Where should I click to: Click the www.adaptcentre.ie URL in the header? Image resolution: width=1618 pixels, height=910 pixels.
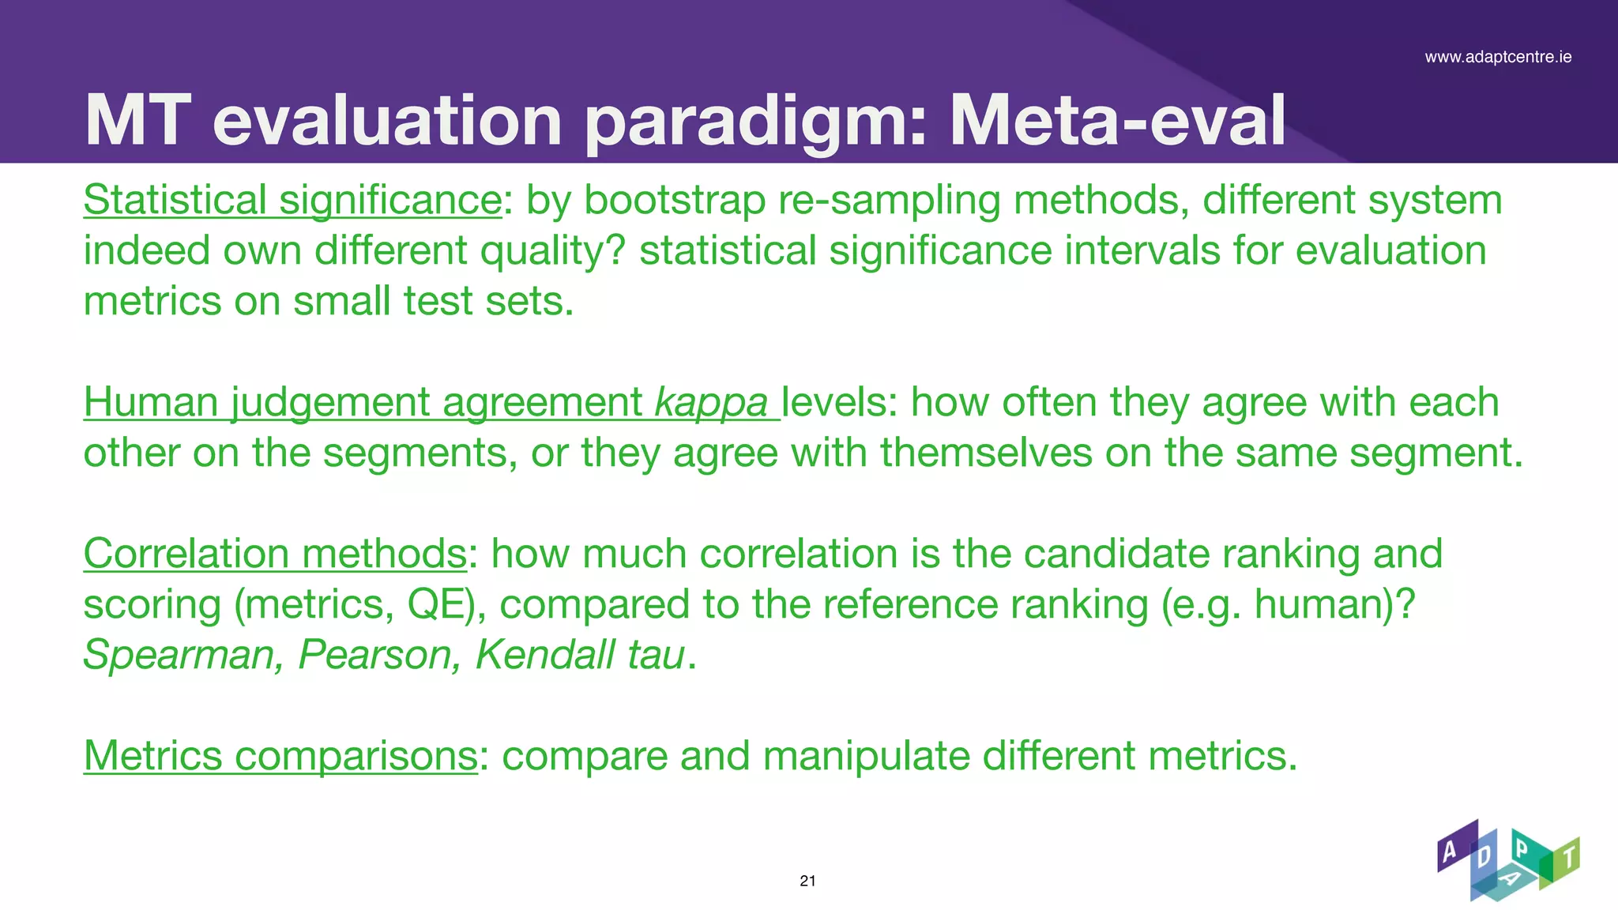coord(1498,57)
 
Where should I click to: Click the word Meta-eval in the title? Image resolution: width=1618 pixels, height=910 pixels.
coord(1117,120)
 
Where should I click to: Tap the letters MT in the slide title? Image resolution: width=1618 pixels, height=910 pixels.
coord(137,120)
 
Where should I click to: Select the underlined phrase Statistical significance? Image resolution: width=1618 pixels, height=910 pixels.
coord(292,200)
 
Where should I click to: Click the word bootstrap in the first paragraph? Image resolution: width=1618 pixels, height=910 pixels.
coord(675,200)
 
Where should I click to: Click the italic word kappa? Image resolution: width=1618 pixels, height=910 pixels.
coord(711,403)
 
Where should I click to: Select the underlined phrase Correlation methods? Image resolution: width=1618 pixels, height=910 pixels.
coord(276,553)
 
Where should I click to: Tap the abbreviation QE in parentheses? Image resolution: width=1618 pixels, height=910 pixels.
coord(435,604)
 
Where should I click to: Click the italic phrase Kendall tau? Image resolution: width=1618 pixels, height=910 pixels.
coord(579,655)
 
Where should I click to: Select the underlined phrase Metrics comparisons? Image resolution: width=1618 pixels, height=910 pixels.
coord(280,755)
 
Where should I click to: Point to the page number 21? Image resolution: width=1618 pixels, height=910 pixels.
coord(807,881)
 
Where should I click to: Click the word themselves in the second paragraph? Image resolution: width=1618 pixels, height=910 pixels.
coord(986,453)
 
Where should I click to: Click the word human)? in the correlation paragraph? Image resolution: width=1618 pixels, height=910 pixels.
coord(1334,604)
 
